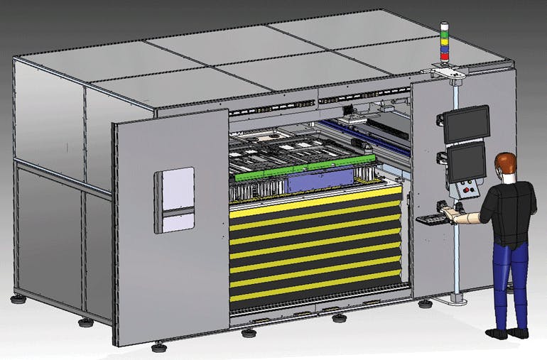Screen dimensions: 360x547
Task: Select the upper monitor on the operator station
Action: point(467,124)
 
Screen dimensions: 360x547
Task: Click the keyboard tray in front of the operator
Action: point(433,219)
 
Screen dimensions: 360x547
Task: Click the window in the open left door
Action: point(175,200)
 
